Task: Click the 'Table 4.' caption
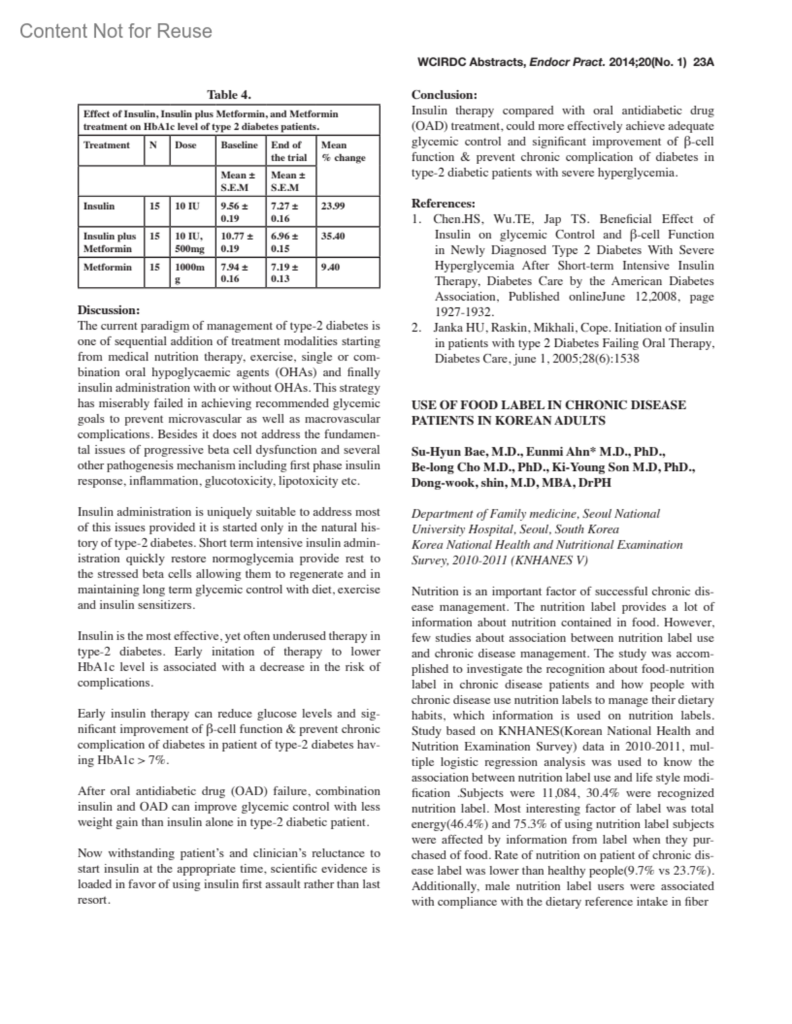tap(229, 95)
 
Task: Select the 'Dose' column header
tap(185, 145)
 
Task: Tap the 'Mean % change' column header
tap(343, 151)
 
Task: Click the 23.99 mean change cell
tap(333, 206)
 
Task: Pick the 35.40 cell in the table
tap(333, 236)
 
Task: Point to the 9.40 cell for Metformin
tap(330, 267)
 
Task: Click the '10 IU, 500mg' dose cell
tap(189, 242)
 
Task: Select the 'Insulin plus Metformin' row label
tap(110, 242)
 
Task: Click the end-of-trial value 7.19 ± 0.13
tap(284, 273)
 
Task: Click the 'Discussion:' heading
tap(109, 310)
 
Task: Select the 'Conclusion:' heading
tap(444, 95)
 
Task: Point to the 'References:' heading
tap(443, 204)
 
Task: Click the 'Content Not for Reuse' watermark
tap(116, 31)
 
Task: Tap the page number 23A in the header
tap(704, 63)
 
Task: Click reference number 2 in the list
tap(416, 328)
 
